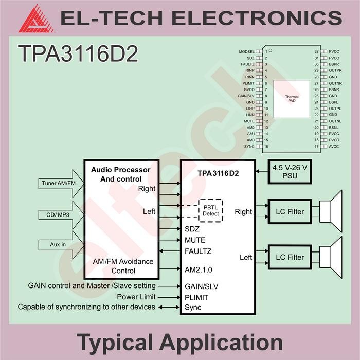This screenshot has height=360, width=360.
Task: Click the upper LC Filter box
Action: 290,211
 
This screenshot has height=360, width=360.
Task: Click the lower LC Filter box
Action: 290,257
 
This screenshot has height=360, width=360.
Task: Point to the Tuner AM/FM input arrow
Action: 56,184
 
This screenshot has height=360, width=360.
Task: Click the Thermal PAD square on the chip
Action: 292,99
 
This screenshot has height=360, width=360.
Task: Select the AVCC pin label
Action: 334,147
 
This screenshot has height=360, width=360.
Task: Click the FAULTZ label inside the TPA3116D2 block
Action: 198,251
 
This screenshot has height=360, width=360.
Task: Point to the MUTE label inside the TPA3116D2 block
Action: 195,240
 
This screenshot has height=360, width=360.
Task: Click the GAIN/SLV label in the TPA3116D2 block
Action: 201,286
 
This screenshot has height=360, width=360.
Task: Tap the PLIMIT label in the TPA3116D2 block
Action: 197,297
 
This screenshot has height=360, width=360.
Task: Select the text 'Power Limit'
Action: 136,297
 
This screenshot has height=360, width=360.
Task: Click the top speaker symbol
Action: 332,211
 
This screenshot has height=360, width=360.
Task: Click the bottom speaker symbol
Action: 332,257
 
